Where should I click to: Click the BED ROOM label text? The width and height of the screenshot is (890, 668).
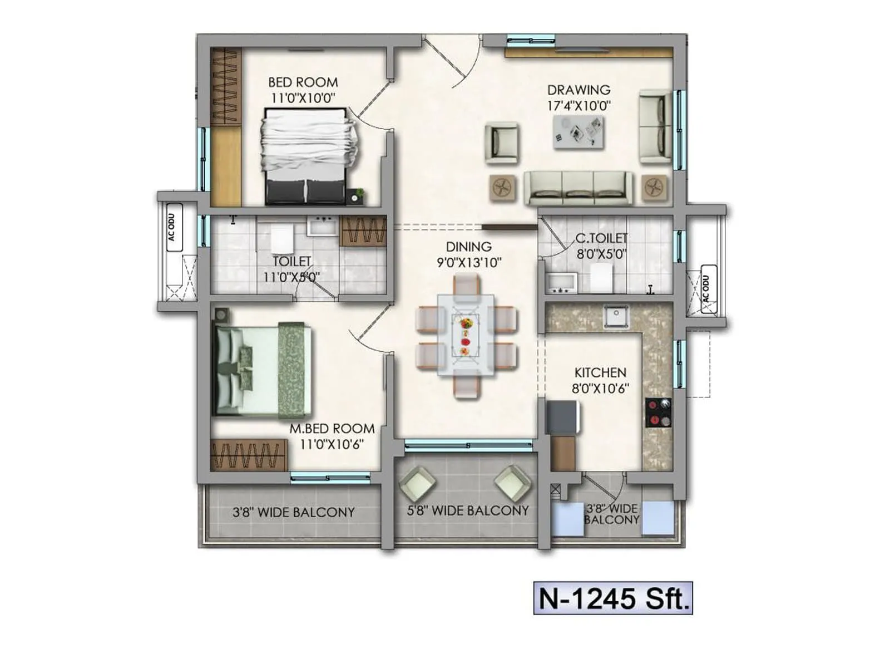point(303,82)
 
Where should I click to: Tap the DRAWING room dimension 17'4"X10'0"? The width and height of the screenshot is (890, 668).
point(579,106)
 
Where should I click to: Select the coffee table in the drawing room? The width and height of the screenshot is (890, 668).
point(578,132)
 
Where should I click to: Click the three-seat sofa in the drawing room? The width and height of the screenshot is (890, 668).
point(578,188)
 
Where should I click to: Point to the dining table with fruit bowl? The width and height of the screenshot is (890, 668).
point(466,336)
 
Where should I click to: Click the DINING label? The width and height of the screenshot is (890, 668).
point(469,247)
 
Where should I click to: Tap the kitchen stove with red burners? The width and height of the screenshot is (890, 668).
point(658,412)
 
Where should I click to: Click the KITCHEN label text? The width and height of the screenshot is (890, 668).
point(600,372)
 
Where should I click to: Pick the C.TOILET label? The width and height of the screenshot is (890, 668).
point(601,238)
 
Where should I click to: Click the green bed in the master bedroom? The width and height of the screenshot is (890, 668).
point(261,370)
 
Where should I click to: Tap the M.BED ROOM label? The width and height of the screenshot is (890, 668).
point(332,429)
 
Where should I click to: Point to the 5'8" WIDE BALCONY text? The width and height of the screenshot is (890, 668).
point(467,510)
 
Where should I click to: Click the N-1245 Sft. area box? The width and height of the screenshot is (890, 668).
point(613,598)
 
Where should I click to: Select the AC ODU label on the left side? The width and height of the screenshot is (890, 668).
point(171,227)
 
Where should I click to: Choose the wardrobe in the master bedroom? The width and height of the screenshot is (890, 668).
point(249,455)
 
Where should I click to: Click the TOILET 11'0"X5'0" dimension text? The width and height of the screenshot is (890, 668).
point(291,277)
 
